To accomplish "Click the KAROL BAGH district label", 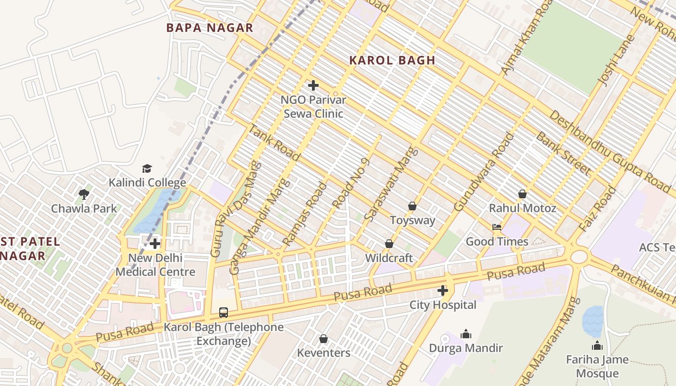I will point(392,60).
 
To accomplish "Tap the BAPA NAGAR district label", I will point(210,28).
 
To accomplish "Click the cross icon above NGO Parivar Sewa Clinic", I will point(313,86).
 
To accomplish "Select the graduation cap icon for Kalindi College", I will point(147,168).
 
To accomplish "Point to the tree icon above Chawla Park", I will point(84,194).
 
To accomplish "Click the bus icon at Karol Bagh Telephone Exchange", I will point(224,312).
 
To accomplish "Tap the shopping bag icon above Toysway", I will point(412,206).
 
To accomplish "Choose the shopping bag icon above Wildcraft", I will point(389,244).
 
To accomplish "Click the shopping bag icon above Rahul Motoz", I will point(522,194).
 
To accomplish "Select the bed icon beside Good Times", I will point(497,227).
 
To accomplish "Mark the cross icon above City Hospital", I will point(443,290).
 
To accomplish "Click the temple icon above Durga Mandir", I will point(466,333).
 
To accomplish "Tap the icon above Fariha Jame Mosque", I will point(597,345).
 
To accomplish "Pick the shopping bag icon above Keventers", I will point(324,339).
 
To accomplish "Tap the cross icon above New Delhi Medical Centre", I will point(155,244).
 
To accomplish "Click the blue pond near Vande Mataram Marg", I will point(592,321).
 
